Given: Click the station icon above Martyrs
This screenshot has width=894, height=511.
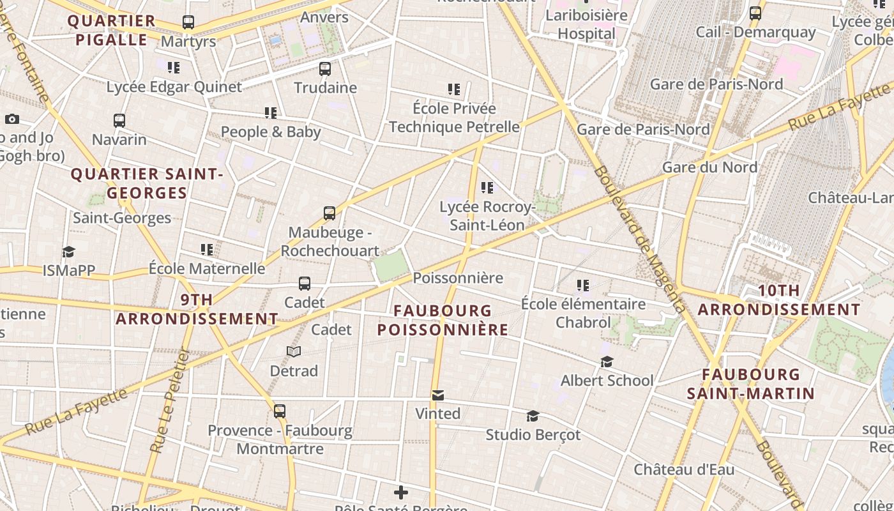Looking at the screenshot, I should coord(188,22).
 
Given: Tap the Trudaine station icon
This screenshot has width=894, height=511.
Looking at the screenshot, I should coord(325,69).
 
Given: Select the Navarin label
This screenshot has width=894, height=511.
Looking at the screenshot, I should coord(119,139).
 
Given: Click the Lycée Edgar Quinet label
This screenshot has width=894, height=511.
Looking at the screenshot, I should coord(174,87).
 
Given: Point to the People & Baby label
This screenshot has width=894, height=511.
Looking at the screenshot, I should coord(271,132).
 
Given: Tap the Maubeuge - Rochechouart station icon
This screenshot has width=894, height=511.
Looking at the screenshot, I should coord(330,213).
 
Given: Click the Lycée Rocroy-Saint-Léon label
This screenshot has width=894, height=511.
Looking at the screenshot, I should coord(487,216).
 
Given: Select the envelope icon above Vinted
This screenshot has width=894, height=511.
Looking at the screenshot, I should coord(437,395).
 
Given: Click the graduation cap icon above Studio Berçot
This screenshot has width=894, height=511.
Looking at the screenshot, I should coord(533,416).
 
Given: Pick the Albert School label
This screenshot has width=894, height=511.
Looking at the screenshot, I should coord(607,381).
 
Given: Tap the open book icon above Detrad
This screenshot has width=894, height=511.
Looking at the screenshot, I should coord(294,352).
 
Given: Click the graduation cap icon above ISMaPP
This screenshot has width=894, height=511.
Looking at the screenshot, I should coord(68,252).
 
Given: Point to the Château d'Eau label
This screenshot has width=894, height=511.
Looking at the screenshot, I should coord(684,469).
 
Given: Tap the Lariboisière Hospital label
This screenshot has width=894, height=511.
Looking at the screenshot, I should coord(586,24).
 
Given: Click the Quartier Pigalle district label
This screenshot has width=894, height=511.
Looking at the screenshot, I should coord(112,30).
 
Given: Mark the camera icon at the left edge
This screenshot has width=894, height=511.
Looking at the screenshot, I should coord(11,119).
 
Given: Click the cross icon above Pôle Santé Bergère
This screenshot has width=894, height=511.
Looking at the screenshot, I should coord(401,492).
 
